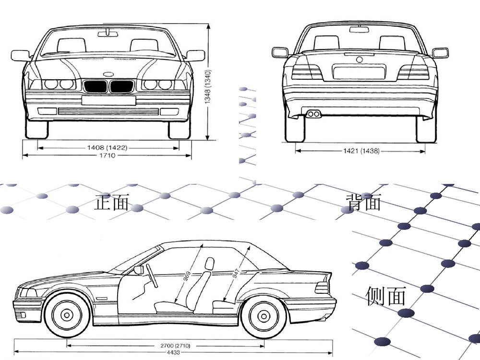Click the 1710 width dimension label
coord(108,156)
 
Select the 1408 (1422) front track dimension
coord(107,148)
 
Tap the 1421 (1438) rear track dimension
coord(361,151)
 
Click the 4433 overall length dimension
coord(174,353)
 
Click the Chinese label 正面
coord(112,202)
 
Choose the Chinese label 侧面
coord(386,296)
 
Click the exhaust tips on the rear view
coord(314,114)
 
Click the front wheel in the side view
coord(67,314)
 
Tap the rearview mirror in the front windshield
coord(108,33)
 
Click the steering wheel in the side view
coord(152,276)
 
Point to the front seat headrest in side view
coord(209,264)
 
